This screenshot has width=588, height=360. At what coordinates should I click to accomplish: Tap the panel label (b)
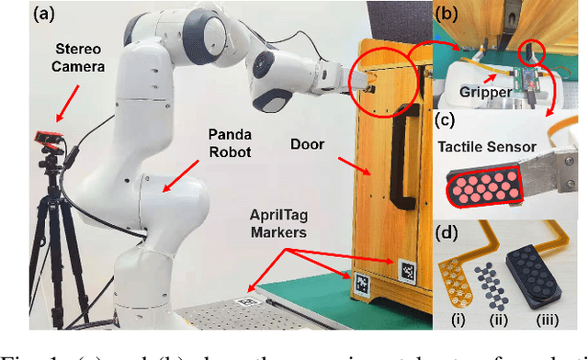(448, 15)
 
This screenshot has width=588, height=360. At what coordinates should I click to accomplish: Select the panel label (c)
(447, 118)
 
